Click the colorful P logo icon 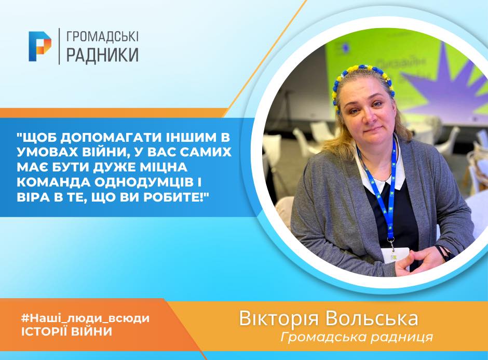[x=40, y=46]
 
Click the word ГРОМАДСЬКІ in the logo [x=102, y=37]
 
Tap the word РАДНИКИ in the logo [x=102, y=55]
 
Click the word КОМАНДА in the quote [x=53, y=182]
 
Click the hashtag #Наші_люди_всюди [x=85, y=318]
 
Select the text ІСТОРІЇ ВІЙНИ [x=66, y=331]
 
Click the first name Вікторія [x=279, y=318]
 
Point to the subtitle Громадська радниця [x=357, y=337]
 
